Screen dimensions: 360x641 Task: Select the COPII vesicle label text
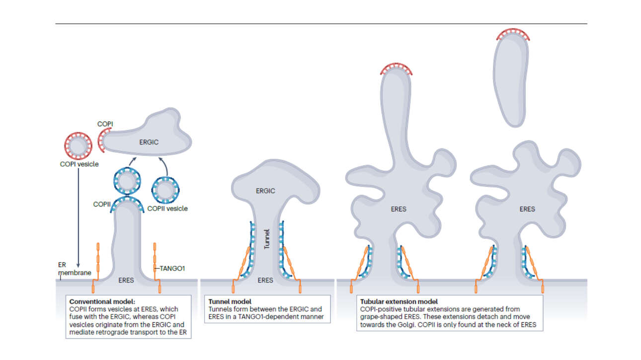(x=167, y=209)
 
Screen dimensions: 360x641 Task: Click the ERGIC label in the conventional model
(x=150, y=143)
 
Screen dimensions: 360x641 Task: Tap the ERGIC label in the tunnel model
(x=265, y=191)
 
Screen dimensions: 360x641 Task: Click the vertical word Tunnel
(x=266, y=238)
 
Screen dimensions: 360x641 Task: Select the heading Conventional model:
(x=102, y=301)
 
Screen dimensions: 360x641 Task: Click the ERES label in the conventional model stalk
(x=126, y=280)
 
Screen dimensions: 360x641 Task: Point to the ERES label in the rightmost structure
(x=527, y=209)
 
